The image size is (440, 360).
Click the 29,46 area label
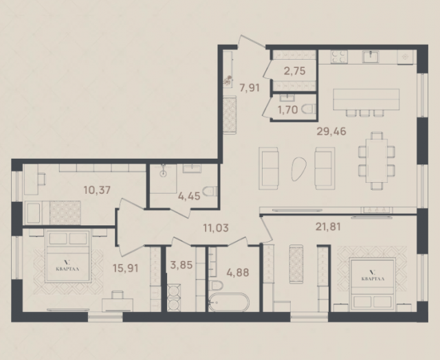[331, 131]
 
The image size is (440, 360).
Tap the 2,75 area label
[294, 71]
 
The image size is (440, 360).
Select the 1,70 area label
[287, 110]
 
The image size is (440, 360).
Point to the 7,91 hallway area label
[249, 88]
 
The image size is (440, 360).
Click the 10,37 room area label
[97, 190]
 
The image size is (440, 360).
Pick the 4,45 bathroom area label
[189, 196]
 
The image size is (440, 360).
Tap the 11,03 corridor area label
[216, 228]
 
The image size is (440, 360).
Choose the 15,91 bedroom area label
[125, 268]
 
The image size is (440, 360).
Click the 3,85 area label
[181, 265]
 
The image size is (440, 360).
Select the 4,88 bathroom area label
[238, 272]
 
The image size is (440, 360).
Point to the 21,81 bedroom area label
[328, 227]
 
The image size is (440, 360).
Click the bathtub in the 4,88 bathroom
[229, 302]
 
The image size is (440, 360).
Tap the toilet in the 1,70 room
[309, 109]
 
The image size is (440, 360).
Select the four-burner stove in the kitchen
[339, 56]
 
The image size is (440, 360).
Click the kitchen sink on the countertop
[371, 56]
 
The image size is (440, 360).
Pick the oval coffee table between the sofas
[298, 168]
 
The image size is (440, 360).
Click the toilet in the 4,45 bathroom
[210, 191]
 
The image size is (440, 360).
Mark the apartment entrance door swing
[252, 42]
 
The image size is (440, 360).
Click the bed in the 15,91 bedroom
[67, 256]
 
